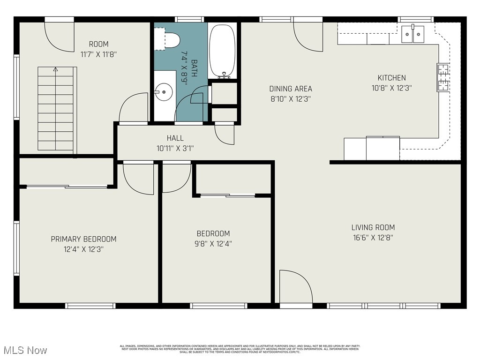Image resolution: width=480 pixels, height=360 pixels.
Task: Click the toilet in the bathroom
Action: point(169,39)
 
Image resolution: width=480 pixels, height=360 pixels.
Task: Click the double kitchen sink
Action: point(412,34)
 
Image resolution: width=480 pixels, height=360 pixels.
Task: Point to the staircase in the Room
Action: point(56,108)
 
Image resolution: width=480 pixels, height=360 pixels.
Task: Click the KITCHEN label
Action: point(392,78)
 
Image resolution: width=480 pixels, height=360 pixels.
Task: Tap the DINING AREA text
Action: point(290,89)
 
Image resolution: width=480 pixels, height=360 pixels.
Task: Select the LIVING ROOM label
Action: point(373,227)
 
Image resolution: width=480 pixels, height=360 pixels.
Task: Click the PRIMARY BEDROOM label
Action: point(83,239)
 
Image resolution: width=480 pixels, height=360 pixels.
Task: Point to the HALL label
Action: point(175,138)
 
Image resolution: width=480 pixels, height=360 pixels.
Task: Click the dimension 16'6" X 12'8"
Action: point(373,238)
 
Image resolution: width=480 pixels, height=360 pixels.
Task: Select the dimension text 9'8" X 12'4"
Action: point(213,244)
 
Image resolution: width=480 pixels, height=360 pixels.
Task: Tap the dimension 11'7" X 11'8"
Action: point(98,54)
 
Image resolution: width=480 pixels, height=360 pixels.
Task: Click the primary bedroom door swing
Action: point(138,178)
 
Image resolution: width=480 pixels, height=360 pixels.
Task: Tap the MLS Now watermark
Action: point(24,350)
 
